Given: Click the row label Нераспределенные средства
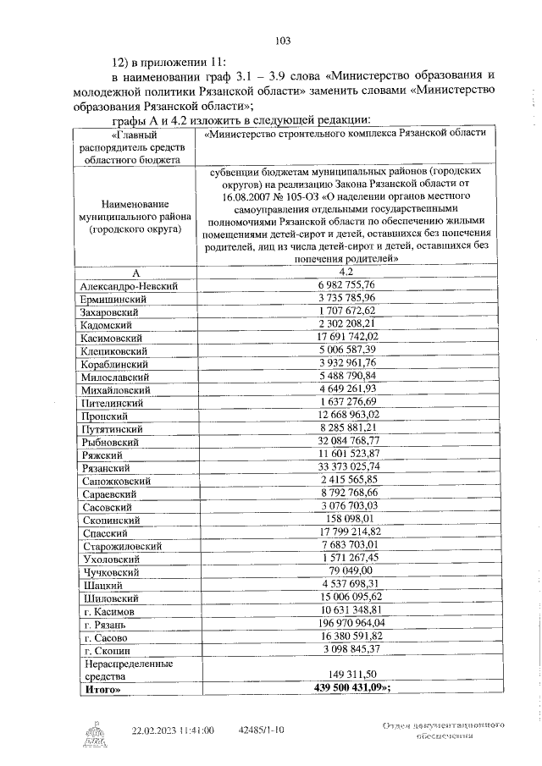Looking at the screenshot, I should [125, 670].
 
